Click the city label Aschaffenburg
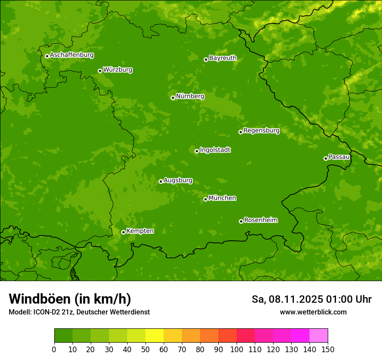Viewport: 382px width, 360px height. coord(72,55)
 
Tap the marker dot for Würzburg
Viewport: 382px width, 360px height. coord(100,71)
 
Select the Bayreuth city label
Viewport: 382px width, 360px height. coord(223,58)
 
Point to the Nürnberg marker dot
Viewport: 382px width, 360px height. coord(173,98)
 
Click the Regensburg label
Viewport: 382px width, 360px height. coord(261,131)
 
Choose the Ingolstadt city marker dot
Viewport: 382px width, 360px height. coord(197,151)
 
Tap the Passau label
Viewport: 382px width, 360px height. coord(339,157)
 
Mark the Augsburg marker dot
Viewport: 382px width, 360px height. coord(161,181)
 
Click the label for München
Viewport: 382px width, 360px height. coord(222,198)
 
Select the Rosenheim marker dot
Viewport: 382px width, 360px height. coord(241,221)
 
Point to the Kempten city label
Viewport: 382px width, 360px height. coord(140,231)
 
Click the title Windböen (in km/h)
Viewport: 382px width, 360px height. coord(70,299)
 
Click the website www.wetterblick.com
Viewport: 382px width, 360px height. coord(313,312)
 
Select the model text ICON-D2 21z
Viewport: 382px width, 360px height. coord(51,312)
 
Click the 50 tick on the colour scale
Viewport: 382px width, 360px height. coord(145,349)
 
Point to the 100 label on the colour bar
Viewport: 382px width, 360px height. coord(237,349)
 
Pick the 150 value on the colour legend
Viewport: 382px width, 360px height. coord(328,349)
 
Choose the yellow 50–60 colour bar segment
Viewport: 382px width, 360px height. coord(155,336)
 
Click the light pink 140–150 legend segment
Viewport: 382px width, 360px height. coord(319,336)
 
